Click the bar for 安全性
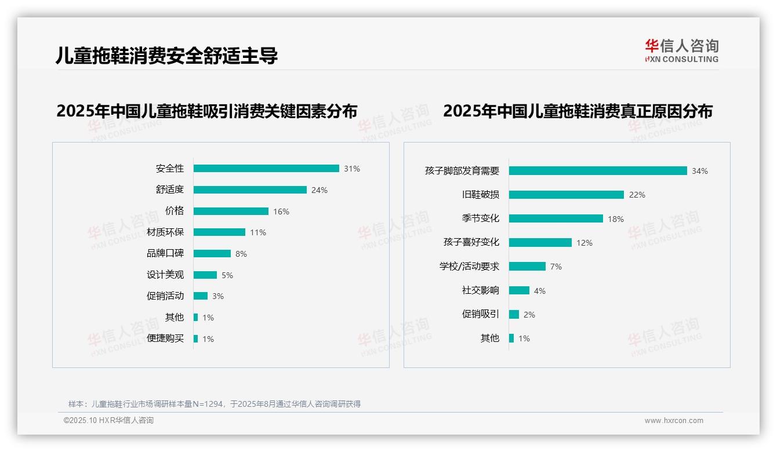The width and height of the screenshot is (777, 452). click(266, 169)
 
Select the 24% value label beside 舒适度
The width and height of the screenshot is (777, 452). click(319, 190)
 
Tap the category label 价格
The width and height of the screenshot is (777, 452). click(174, 211)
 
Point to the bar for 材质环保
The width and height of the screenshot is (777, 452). click(219, 232)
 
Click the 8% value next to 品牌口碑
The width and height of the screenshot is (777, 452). click(241, 254)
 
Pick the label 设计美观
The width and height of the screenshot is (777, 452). click(165, 275)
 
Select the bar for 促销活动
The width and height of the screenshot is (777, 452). click(201, 296)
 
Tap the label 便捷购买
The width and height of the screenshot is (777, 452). click(165, 338)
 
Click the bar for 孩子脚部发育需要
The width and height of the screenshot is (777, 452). click(598, 171)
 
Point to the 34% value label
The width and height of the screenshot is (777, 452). click(699, 171)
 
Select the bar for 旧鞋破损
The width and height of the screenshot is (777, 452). click(567, 195)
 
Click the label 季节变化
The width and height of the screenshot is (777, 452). click(480, 218)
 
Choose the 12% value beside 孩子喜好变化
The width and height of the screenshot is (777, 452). click(584, 243)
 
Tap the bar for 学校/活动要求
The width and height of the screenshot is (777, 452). click(527, 267)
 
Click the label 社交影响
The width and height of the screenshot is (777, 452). click(480, 290)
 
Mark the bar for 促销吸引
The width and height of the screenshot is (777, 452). click(514, 315)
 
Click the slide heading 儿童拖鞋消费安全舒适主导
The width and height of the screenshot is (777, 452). click(166, 56)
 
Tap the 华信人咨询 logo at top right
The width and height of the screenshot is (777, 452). click(681, 50)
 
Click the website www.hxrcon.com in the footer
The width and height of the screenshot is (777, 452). click(673, 421)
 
